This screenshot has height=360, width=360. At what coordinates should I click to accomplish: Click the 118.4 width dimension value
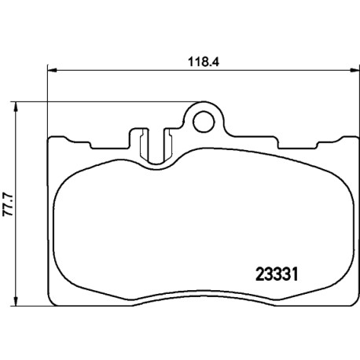tap(204, 62)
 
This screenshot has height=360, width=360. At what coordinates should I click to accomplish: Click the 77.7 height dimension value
tap(8, 204)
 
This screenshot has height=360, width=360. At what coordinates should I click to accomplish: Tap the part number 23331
tap(277, 274)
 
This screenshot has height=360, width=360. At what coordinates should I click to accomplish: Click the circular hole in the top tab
tap(204, 122)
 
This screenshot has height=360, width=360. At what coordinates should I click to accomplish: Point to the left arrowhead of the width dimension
tap(52, 70)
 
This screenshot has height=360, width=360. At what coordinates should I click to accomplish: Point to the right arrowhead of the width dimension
tap(354, 70)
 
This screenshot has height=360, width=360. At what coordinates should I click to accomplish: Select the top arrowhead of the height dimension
tap(17, 107)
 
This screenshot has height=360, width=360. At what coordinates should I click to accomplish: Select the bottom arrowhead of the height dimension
tap(17, 300)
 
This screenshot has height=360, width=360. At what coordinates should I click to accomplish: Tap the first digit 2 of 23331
tap(260, 274)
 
